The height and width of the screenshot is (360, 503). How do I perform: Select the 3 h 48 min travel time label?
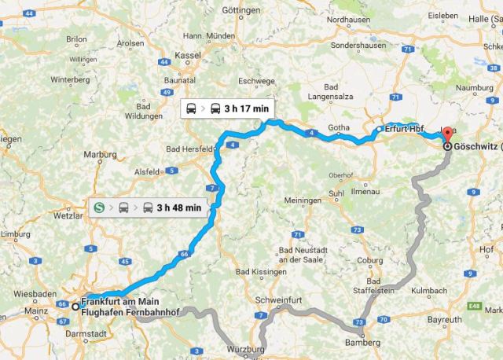click(x=178, y=208)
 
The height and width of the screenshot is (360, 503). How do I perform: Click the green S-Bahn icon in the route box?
click(x=100, y=208)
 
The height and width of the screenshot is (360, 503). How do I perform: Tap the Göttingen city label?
click(x=240, y=11)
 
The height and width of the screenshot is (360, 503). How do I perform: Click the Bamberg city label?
click(x=362, y=343)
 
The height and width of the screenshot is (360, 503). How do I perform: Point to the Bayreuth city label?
click(x=445, y=321)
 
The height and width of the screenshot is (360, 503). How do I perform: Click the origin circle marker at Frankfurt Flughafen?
click(x=75, y=307)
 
